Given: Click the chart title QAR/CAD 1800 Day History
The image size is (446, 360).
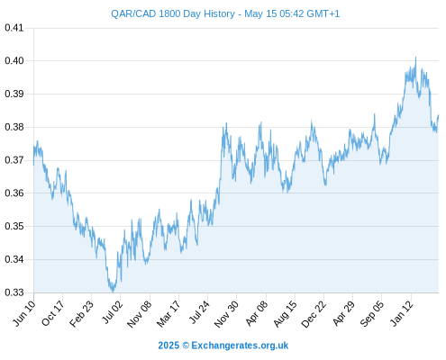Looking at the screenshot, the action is coord(173,13).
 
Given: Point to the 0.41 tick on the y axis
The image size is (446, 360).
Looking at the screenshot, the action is coord(14,28).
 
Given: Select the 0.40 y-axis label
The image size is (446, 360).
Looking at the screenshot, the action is coord(14,60).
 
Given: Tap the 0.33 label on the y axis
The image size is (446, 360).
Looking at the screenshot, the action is coord(14,292).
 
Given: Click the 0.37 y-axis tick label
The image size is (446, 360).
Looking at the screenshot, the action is coord(14,160).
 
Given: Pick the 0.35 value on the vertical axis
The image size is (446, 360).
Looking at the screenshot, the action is coord(14,226).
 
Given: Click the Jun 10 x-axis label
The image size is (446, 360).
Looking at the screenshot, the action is coord(24,313).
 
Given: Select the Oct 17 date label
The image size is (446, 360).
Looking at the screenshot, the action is coord(53,313).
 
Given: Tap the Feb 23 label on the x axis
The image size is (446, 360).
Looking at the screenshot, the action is coord(82,313).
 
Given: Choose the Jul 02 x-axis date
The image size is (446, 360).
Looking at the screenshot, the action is coord(113,312).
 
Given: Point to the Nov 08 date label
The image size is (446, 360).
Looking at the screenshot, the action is coord(140,314).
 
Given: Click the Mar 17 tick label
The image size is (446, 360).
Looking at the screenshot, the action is coord(168,313).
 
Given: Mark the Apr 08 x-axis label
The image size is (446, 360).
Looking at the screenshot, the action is coord(256,313).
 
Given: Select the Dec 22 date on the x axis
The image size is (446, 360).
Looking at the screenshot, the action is coord(314,314).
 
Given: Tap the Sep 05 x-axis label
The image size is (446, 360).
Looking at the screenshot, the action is coord(372,314).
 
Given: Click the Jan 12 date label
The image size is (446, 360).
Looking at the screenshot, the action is coord(402,313).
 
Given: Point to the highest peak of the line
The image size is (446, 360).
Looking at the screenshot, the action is coord(415,57).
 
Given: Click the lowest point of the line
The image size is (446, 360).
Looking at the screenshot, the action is coord(113,292).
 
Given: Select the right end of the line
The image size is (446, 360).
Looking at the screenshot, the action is coord(439,115).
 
